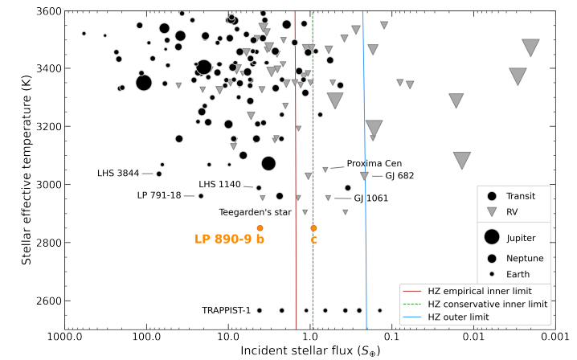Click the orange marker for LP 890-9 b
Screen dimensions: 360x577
tap(260, 228)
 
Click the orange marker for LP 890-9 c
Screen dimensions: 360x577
tap(313, 228)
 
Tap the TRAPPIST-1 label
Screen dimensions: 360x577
tap(227, 310)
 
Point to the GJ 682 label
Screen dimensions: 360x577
tap(399, 175)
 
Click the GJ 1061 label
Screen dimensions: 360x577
tap(371, 198)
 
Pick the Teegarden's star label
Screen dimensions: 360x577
tap(254, 212)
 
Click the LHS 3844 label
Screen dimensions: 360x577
tap(118, 174)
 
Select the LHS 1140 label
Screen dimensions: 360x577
tap(219, 185)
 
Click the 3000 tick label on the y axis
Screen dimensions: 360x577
tap(47, 185)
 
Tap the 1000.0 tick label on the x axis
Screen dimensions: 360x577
tap(65, 338)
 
